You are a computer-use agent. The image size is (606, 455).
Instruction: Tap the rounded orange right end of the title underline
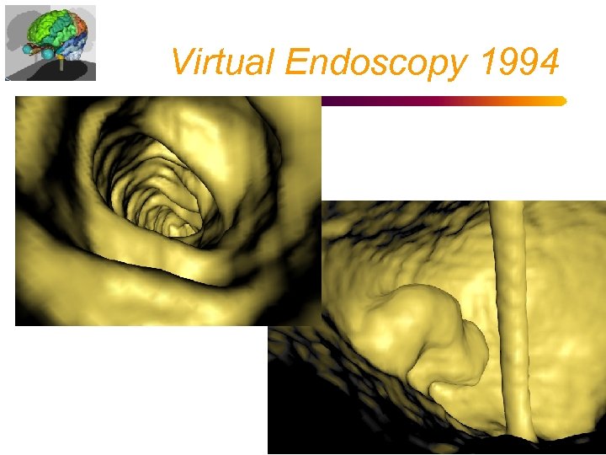point(561,101)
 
